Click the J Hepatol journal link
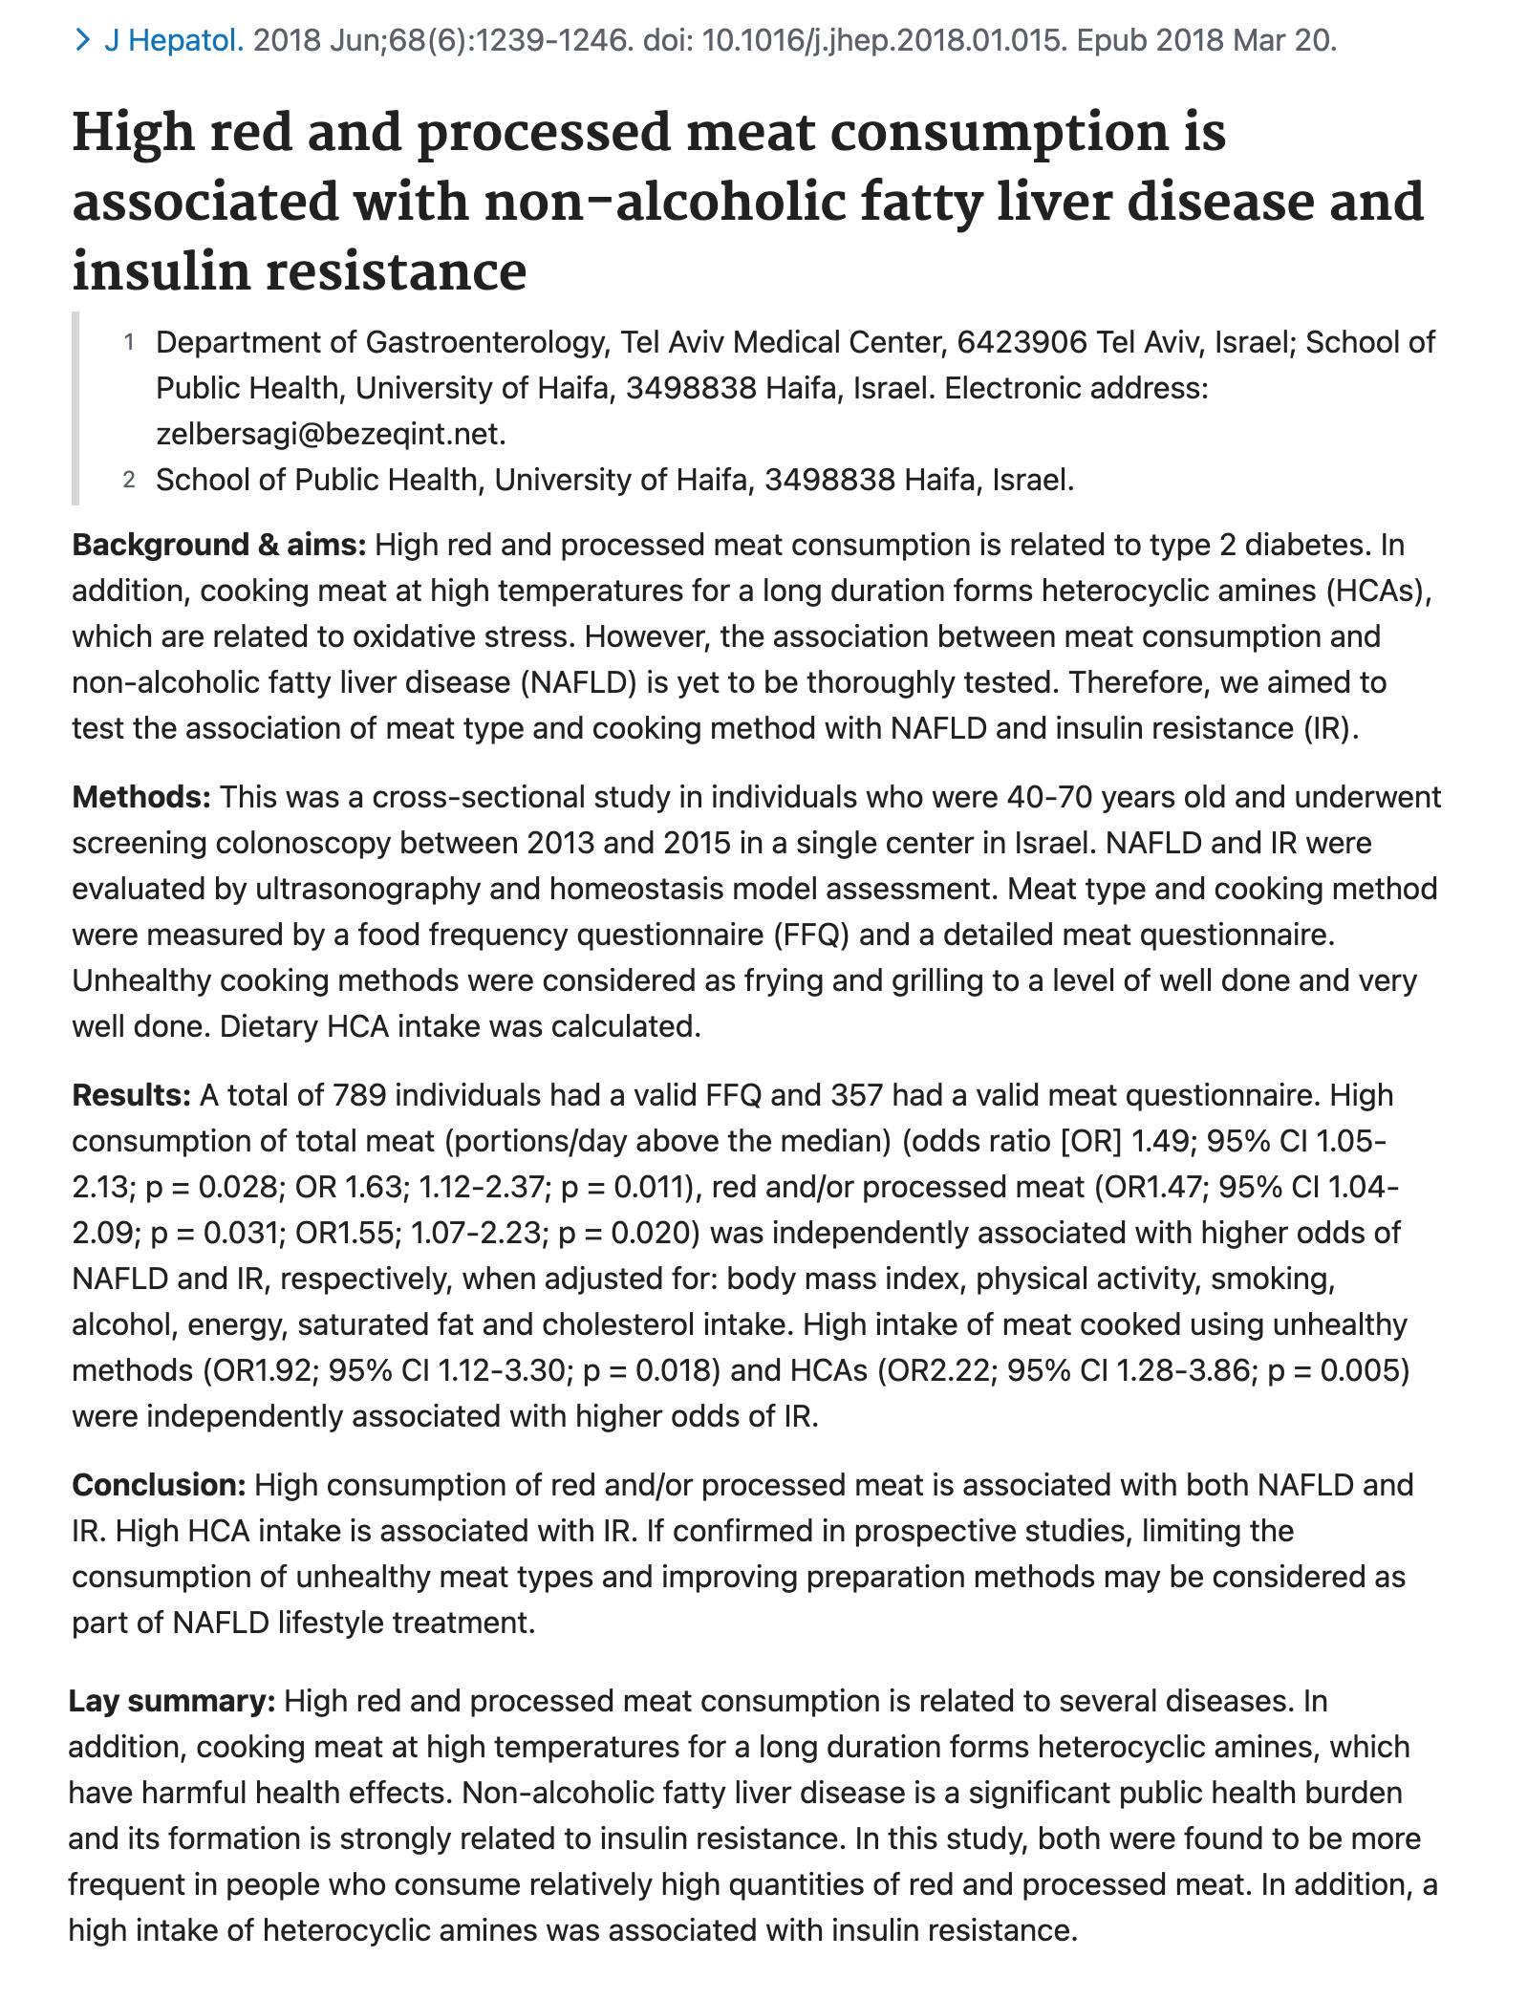[173, 40]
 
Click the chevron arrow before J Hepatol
[83, 40]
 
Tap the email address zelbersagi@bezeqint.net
[331, 434]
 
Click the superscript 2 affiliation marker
[129, 480]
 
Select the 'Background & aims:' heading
[219, 545]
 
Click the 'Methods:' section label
[141, 797]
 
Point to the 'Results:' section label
[132, 1095]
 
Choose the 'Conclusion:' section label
[160, 1485]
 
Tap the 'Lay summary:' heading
[172, 1701]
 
